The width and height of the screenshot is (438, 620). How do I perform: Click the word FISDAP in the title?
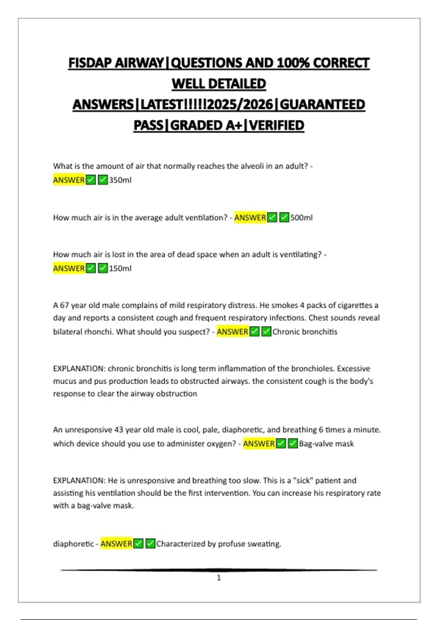90,63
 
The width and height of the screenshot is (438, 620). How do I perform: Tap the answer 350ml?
120,180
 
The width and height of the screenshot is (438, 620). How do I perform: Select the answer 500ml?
301,218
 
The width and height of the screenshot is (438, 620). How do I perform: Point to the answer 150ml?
120,268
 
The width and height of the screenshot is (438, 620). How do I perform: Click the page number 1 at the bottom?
219,578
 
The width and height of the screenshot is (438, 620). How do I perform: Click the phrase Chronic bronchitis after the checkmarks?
305,332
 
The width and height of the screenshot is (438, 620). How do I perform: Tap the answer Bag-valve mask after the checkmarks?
326,444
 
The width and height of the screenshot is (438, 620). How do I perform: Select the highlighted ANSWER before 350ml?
69,180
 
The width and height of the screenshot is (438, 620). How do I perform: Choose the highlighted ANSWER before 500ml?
250,218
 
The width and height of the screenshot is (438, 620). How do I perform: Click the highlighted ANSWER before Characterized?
116,544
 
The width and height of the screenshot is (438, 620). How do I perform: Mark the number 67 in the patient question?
64,305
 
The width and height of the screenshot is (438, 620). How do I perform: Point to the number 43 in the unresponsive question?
119,430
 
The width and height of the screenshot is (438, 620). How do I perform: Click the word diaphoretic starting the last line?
73,544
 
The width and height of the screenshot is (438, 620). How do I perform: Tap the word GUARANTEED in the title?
322,105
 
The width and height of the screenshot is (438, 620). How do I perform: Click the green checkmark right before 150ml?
103,268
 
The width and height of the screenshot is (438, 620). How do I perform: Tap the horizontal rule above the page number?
219,570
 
